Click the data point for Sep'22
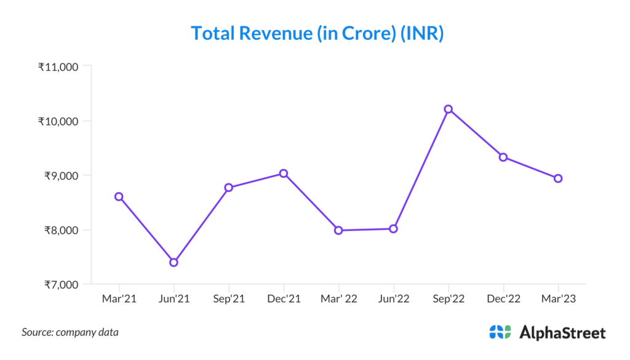[x=449, y=109]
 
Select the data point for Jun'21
[x=174, y=262]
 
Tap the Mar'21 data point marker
[x=119, y=196]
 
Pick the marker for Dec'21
[x=284, y=174]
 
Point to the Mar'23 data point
[x=558, y=178]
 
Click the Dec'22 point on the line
[x=503, y=157]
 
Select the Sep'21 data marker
[x=229, y=187]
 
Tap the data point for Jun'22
[x=393, y=229]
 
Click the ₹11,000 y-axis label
[x=58, y=66]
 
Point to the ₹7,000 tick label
[x=60, y=284]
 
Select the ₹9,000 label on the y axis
[x=60, y=175]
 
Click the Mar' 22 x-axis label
[x=338, y=298]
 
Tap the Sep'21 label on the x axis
[x=229, y=298]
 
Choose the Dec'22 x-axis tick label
[x=503, y=298]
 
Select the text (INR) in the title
[x=421, y=33]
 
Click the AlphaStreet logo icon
[x=500, y=332]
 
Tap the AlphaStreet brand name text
[x=562, y=333]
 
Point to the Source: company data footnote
[x=70, y=332]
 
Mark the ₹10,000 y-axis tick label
[x=58, y=121]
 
